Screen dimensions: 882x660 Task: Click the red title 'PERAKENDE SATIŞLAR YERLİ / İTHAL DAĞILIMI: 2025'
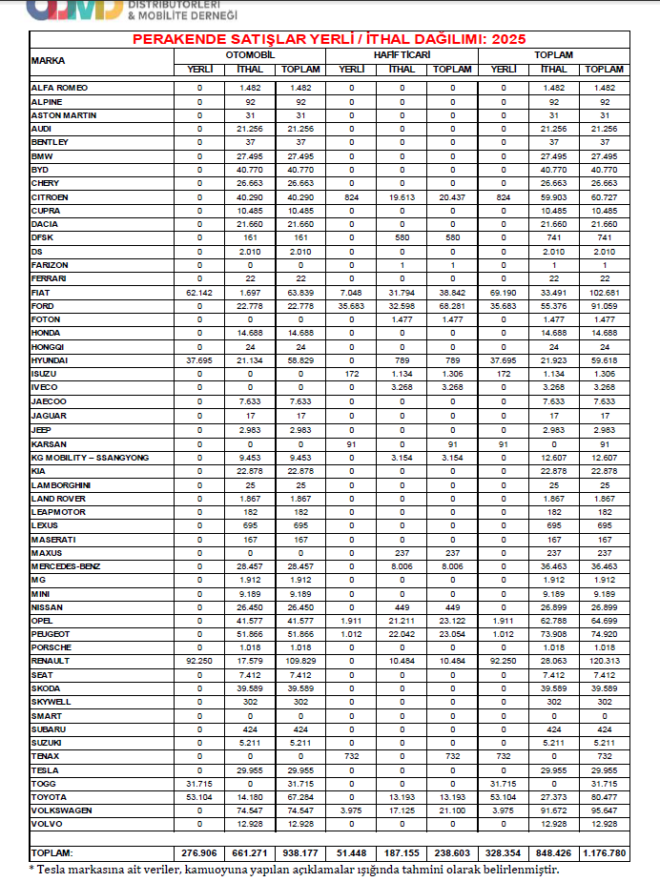point(329,39)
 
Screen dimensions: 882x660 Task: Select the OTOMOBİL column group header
point(250,54)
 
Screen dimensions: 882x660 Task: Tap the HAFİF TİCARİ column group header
point(402,54)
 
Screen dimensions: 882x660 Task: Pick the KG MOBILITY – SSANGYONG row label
point(92,458)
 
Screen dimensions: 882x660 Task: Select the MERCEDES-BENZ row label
point(66,566)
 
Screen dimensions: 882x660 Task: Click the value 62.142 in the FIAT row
point(199,292)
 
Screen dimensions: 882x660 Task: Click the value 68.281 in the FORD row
point(452,305)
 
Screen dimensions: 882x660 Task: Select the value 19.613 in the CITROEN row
point(402,196)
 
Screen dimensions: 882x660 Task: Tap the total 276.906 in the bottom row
point(199,851)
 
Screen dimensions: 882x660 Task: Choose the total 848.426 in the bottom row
point(553,851)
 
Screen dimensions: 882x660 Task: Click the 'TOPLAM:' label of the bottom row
point(53,851)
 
